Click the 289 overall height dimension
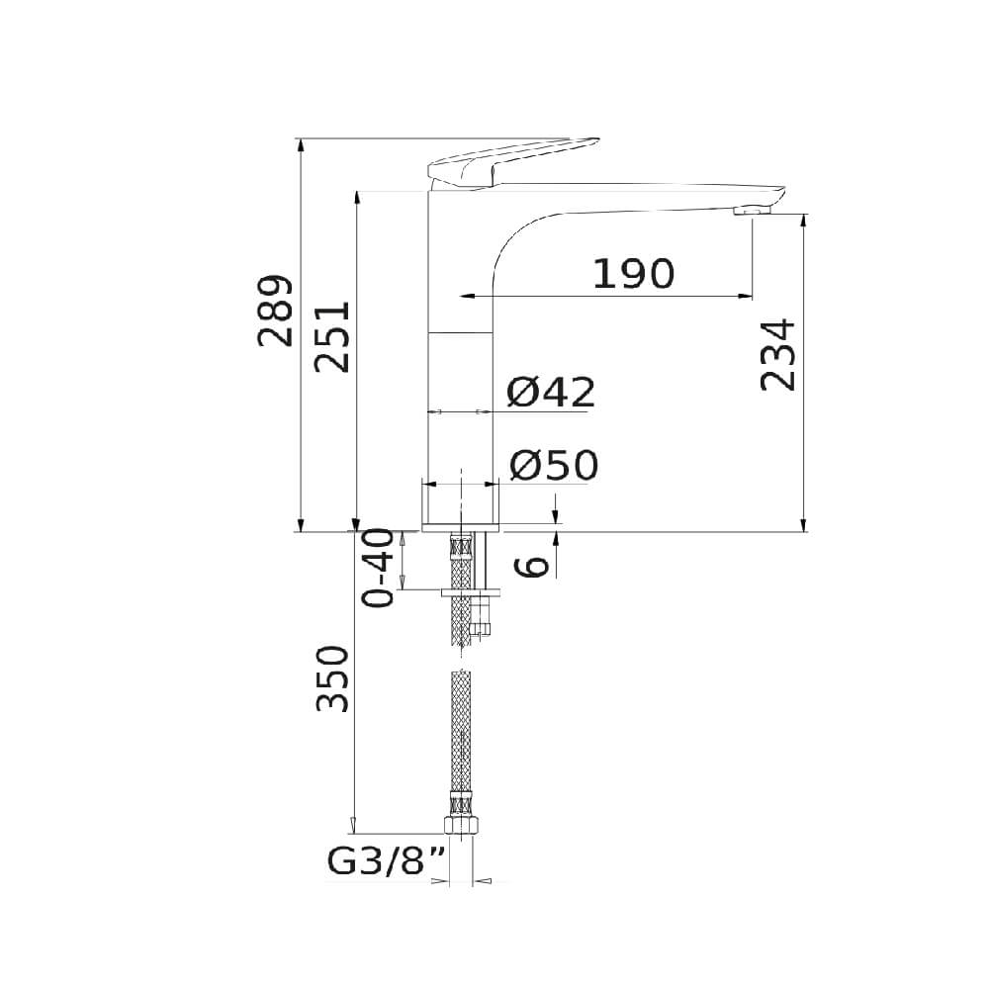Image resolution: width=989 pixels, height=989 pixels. (276, 311)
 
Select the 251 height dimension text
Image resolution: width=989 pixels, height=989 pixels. (332, 337)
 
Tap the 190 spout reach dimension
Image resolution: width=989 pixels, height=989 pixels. (634, 274)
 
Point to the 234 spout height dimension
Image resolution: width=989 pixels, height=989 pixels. (777, 355)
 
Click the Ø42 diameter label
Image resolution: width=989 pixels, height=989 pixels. (551, 393)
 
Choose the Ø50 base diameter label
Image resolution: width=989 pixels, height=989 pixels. (553, 465)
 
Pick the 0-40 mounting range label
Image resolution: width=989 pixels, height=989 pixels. (378, 568)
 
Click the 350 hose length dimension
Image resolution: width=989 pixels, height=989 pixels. (332, 678)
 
